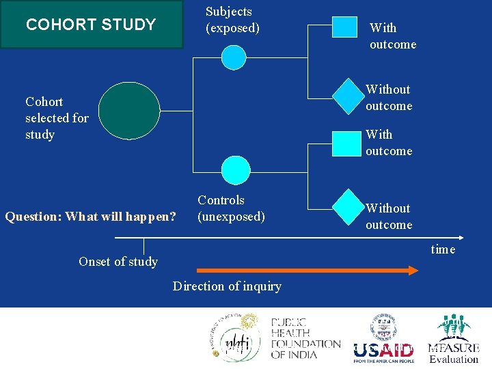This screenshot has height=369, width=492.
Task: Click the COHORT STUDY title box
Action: pos(92,25)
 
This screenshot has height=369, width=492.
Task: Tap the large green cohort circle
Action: pos(128,111)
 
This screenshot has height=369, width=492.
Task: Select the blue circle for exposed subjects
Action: pos(234,57)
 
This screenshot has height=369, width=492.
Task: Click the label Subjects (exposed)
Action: pos(232,20)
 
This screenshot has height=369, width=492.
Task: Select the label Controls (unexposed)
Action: pos(231,208)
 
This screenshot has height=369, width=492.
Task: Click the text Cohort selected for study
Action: pos(57,118)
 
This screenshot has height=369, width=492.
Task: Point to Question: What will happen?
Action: pos(90,217)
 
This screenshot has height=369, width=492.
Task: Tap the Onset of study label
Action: pos(118,262)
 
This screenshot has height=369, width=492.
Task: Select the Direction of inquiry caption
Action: pos(227,286)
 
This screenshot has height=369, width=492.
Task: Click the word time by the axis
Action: pos(443,249)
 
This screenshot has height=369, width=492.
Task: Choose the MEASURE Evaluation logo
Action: pos(454,340)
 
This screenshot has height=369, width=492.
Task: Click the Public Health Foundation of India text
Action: pos(305,338)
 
